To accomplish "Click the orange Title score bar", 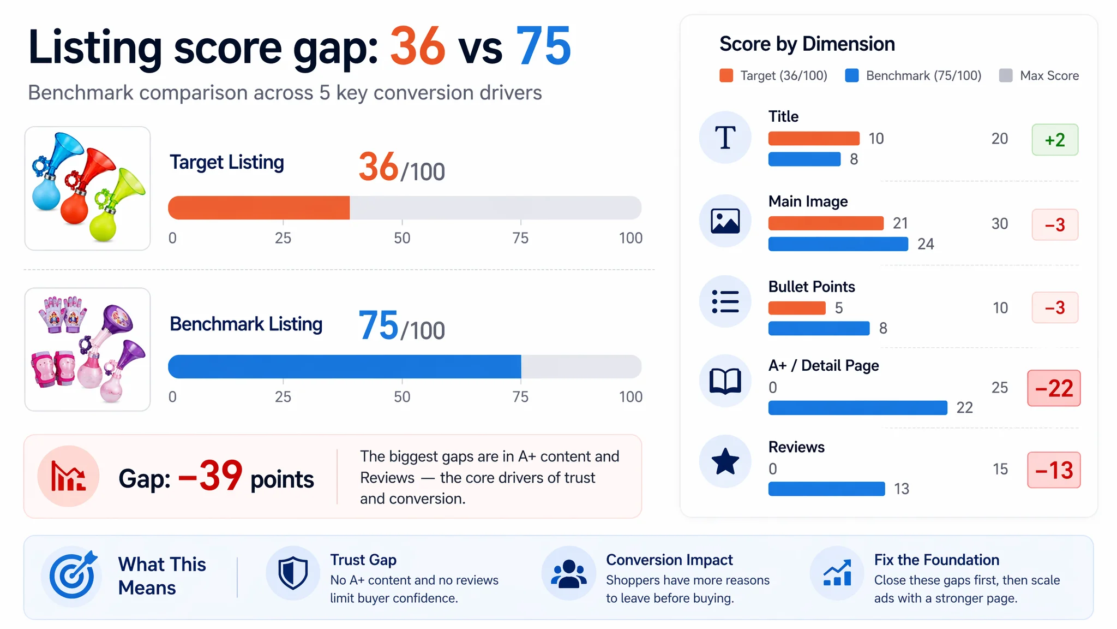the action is click(813, 139).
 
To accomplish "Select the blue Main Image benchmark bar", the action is click(838, 244).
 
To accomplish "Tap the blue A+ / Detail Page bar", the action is click(857, 408).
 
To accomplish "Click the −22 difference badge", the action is click(1054, 388).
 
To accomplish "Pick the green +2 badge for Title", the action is click(1055, 140).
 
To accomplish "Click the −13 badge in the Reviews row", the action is click(1054, 470).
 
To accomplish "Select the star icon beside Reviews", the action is click(725, 461).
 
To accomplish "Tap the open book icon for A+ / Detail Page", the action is click(725, 381).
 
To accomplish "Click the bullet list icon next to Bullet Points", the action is click(725, 301).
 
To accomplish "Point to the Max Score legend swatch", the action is click(1006, 75).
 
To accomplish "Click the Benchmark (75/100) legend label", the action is click(924, 75).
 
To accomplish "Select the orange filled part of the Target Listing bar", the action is click(259, 208).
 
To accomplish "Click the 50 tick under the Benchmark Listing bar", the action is click(402, 397).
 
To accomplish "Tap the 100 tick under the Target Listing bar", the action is click(630, 238).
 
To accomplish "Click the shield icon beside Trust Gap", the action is click(293, 573).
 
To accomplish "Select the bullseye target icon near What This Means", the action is click(73, 574).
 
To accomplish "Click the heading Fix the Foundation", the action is click(936, 560).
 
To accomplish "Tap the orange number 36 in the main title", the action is click(418, 46).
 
